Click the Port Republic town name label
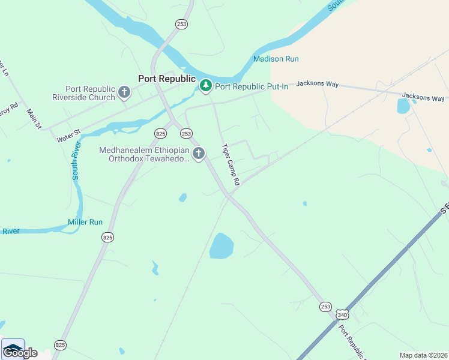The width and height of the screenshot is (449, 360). click(x=167, y=79)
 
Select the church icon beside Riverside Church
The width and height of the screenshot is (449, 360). click(x=124, y=92)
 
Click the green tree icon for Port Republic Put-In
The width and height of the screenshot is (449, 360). click(x=206, y=86)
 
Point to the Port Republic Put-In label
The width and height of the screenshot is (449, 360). click(x=252, y=86)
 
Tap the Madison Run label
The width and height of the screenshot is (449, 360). click(x=276, y=59)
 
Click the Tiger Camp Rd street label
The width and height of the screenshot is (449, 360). click(x=231, y=164)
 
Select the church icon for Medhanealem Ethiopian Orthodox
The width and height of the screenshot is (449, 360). click(x=199, y=154)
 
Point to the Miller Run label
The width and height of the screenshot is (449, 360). click(x=85, y=222)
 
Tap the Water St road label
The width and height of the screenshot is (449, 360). click(x=68, y=135)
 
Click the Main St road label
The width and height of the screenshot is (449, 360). click(x=34, y=118)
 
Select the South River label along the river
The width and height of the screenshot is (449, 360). click(x=75, y=161)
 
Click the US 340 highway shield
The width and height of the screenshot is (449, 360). click(x=342, y=314)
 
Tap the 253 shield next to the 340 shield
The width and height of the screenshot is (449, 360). click(x=326, y=307)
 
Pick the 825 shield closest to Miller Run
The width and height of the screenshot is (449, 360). click(x=107, y=238)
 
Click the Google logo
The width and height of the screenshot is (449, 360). click(x=20, y=352)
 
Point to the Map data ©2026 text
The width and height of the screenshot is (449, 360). click(x=424, y=355)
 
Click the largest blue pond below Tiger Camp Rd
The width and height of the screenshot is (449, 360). click(x=221, y=246)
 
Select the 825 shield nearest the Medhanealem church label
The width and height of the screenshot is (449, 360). click(x=160, y=133)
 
